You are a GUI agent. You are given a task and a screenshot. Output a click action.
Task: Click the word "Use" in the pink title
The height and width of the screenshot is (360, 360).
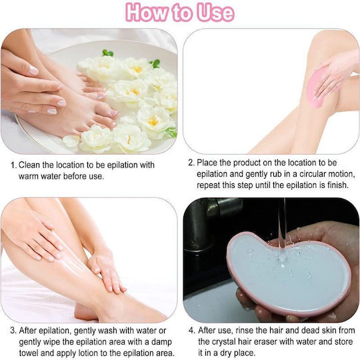point(215,13)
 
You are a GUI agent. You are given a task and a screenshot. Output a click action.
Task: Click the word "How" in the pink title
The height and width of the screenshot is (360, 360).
point(147,13)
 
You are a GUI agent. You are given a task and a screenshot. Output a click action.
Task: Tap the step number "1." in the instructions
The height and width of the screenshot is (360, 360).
point(14,165)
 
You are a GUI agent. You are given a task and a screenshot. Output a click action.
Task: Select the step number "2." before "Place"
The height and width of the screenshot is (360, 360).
point(191,163)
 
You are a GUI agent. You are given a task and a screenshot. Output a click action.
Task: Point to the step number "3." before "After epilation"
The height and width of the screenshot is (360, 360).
point(13,331)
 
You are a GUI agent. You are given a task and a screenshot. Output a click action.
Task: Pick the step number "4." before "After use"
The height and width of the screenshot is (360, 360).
point(192,331)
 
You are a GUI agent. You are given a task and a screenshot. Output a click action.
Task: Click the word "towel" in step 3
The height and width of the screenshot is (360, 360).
point(29,353)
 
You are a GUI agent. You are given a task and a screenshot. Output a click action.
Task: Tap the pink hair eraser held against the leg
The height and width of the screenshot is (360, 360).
point(317,89)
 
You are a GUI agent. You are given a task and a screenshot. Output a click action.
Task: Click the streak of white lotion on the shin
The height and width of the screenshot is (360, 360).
point(69,259)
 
